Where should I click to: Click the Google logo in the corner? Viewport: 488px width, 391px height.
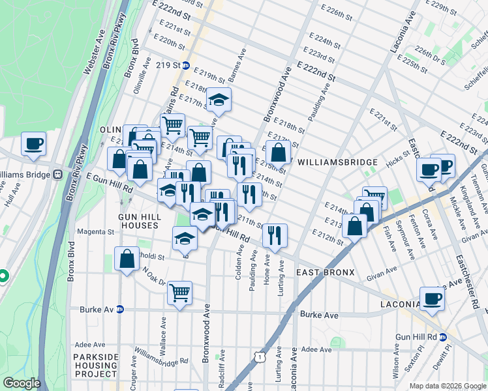point(22,383)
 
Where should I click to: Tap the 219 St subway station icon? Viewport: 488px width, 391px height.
point(186,66)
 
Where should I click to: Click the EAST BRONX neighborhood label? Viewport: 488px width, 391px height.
point(325,272)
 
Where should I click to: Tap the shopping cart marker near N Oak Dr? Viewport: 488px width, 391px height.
point(179,292)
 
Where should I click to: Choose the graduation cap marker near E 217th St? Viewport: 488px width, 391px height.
point(219,100)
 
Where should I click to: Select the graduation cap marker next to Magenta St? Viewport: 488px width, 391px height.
point(185,239)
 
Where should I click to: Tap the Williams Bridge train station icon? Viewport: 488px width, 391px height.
point(58,175)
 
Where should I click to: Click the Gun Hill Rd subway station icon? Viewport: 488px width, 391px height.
point(442,337)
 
